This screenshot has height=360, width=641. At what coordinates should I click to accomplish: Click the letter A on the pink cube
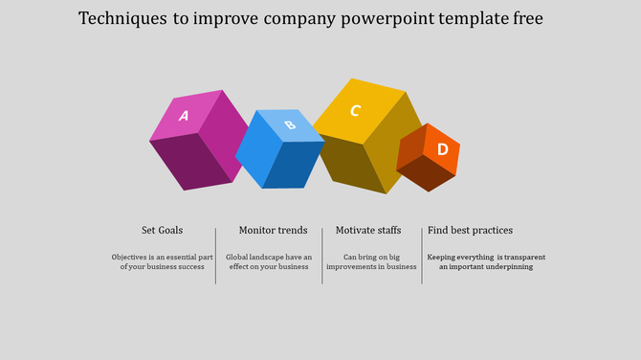(184, 116)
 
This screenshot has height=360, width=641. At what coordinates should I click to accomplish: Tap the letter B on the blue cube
(290, 124)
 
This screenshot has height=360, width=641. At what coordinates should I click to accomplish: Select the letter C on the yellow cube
(355, 111)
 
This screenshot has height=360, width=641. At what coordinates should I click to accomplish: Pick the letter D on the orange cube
(442, 149)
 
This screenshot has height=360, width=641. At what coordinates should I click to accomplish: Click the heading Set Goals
(162, 230)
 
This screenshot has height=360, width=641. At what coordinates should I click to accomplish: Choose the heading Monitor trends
(273, 230)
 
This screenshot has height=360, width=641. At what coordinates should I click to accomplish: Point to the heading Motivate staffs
(368, 230)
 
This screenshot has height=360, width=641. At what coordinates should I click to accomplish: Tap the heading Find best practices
(470, 230)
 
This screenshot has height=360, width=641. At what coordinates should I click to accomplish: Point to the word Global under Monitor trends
(238, 257)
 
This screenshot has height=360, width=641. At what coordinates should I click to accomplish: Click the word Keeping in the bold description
(446, 257)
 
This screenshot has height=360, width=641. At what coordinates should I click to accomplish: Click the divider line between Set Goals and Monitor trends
(215, 256)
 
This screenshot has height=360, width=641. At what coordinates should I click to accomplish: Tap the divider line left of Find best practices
(422, 256)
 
